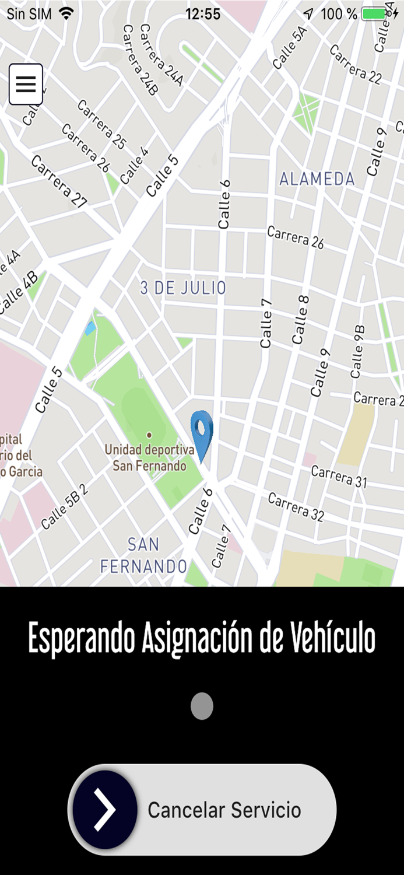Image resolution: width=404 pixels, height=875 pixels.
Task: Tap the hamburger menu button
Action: coord(26,84)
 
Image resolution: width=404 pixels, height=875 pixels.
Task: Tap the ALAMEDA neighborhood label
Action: coord(317,179)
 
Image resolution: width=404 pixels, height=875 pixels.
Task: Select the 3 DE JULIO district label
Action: coord(183,288)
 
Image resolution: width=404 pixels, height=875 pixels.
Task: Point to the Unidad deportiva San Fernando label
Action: coord(149,457)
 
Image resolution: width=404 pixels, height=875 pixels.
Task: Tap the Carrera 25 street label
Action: coord(101,124)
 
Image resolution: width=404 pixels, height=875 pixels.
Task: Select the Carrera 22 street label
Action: coord(355,64)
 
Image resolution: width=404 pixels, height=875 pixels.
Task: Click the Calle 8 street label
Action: coord(301,319)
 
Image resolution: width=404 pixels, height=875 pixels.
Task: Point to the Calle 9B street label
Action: coord(357,351)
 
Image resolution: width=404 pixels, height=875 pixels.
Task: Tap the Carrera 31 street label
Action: coord(339,476)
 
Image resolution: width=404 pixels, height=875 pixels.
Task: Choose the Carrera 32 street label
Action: coord(296,506)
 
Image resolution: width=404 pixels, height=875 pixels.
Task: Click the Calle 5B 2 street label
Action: coord(65,506)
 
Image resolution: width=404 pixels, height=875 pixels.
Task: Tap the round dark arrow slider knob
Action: coord(106,809)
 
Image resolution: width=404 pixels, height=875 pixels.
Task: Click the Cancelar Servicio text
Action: coord(224,810)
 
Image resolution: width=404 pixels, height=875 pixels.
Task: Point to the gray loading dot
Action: coord(202,706)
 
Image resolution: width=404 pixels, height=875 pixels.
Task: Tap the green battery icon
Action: coord(374,13)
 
